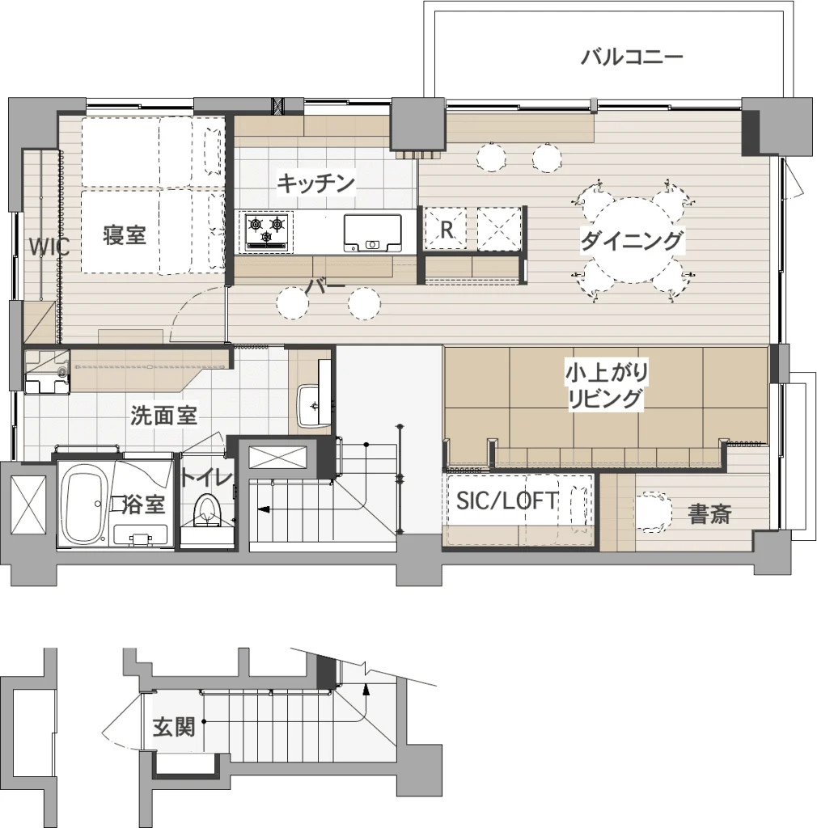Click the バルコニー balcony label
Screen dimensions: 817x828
632,57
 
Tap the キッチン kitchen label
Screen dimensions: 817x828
315,184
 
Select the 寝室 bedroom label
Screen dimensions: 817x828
125,235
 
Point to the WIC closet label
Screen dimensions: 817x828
49,247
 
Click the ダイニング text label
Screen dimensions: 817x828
632,241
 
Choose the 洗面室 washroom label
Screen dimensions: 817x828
163,416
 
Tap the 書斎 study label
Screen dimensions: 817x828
709,513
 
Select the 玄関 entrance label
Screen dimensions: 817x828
174,727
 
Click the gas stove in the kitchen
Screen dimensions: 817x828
267,230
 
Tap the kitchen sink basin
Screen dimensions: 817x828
372,233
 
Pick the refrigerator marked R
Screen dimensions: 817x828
447,228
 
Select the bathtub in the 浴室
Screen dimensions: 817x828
84,507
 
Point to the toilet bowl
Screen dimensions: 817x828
206,511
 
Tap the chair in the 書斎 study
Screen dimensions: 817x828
653,512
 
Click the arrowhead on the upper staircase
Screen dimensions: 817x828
262,509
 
